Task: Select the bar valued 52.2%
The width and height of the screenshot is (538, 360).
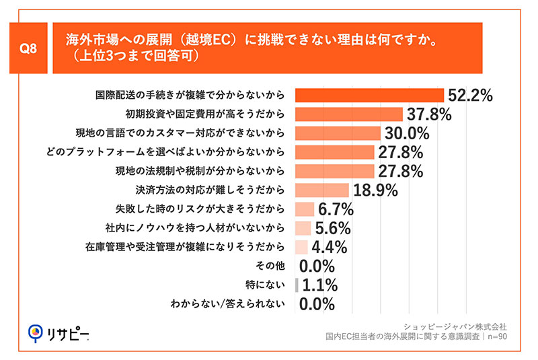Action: pos(370,95)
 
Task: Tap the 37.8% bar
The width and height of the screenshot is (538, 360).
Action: pos(349,114)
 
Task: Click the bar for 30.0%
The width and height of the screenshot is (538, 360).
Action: pos(338,133)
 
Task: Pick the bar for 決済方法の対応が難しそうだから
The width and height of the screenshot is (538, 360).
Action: pos(322,190)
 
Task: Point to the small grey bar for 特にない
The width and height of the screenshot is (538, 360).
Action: pos(297,285)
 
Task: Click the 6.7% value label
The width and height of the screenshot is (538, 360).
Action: pos(336,209)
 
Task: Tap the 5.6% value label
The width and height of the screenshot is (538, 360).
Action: pos(332,228)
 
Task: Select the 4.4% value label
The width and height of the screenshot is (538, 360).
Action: pos(330,247)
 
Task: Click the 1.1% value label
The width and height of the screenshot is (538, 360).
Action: pos(320,285)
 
